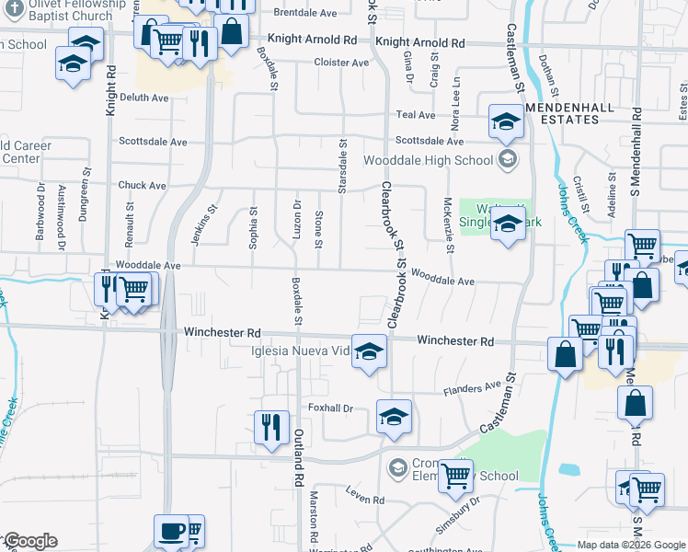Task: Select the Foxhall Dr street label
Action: click(331, 408)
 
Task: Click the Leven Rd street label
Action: click(365, 500)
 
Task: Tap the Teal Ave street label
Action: click(415, 115)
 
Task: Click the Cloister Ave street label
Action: click(340, 63)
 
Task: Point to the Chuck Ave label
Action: click(142, 185)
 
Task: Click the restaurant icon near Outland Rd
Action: click(270, 426)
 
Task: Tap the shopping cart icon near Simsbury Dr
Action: click(455, 476)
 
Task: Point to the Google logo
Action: click(29, 541)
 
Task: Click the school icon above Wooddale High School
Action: click(505, 121)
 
